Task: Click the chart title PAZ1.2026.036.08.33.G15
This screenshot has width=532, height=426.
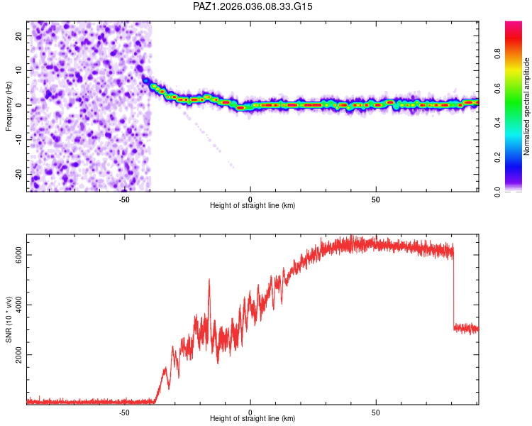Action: coord(253,6)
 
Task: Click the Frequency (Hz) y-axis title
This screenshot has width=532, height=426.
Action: coord(9,106)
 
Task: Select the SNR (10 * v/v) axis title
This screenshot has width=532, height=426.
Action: coord(9,319)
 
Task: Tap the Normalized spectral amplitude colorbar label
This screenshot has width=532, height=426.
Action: coord(526,106)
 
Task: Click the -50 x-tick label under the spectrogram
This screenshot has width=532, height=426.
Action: coord(124,199)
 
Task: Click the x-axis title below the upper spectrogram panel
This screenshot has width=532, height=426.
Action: coord(253,206)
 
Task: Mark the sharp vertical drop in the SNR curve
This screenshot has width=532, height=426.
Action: coord(454,288)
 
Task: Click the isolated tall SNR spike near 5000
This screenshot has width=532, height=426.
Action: coord(209,281)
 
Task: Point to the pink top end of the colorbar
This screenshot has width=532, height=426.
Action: coord(514,25)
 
